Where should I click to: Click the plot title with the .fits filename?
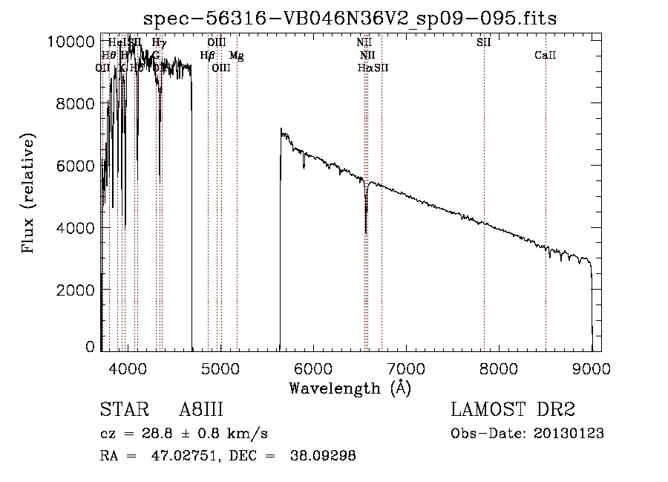(350, 17)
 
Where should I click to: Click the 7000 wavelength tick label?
(405, 368)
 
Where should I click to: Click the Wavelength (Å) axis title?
(350, 388)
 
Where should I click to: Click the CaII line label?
(545, 56)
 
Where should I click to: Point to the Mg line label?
(236, 56)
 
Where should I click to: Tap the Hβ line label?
(207, 56)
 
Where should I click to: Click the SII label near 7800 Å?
(483, 42)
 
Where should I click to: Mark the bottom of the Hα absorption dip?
(366, 232)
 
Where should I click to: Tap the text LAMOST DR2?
(513, 411)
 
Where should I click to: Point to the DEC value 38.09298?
(325, 456)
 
